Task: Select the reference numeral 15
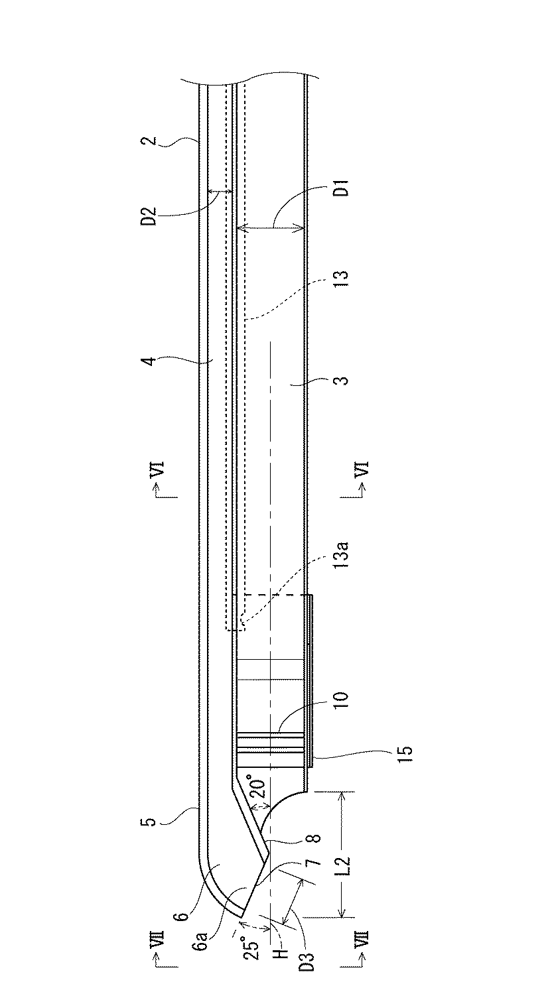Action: point(405,752)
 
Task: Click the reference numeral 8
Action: point(316,839)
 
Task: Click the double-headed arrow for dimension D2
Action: point(220,192)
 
